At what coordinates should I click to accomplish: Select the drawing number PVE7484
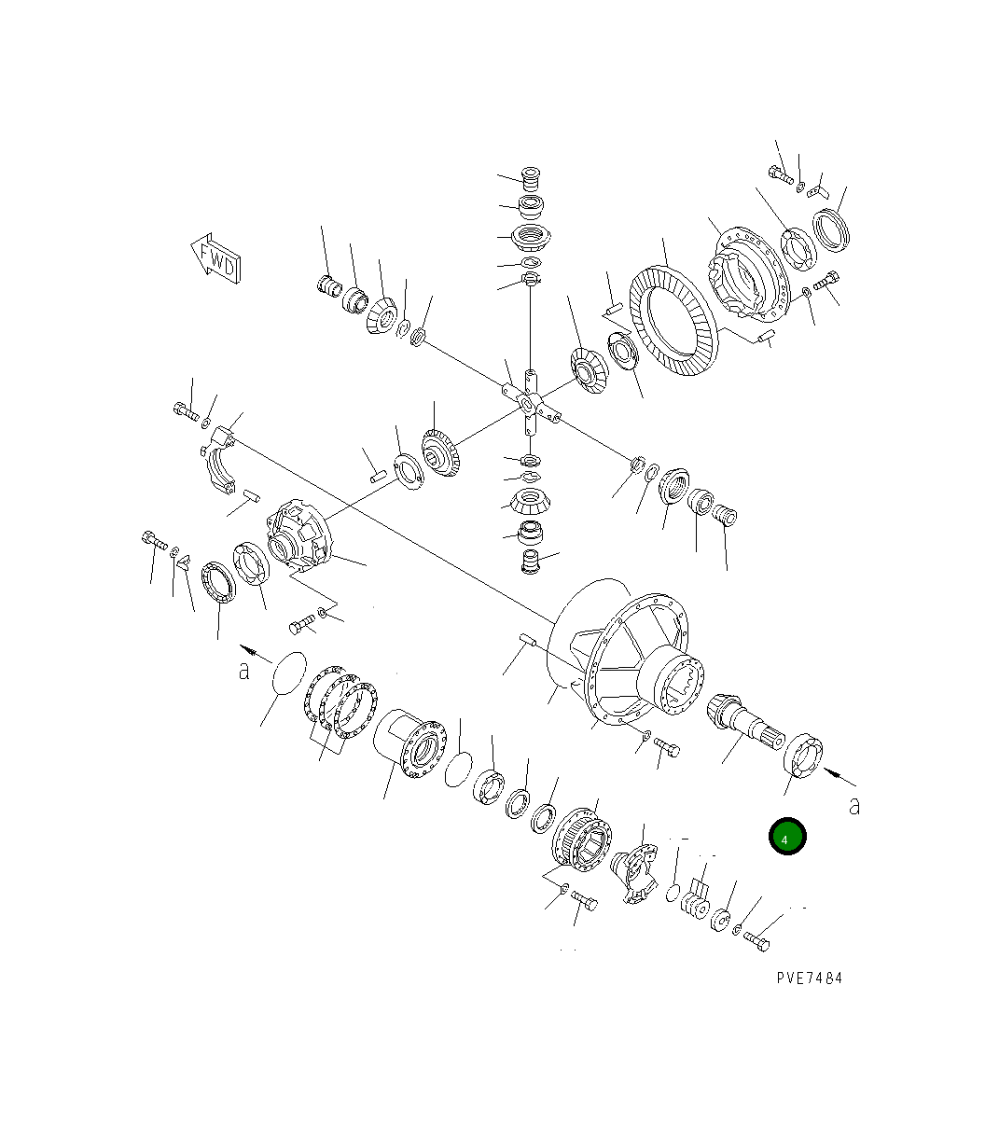808,978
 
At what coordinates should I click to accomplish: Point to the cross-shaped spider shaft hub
529,403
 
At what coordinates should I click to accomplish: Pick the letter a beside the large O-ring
244,670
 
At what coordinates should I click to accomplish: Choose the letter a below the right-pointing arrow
854,807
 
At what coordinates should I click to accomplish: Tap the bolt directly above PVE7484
756,941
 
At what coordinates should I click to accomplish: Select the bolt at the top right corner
780,173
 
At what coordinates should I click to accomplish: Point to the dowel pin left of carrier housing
527,639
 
